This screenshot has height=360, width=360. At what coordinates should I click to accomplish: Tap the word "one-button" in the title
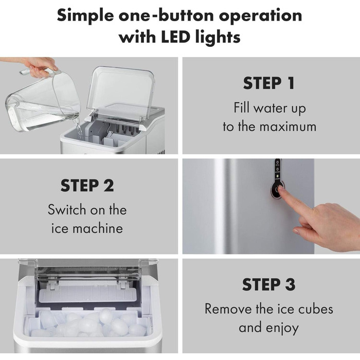(x=166, y=16)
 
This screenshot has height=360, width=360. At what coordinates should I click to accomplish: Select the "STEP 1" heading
(x=269, y=83)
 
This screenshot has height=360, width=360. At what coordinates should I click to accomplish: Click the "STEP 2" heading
(x=87, y=186)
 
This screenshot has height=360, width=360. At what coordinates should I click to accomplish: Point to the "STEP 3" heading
(x=269, y=284)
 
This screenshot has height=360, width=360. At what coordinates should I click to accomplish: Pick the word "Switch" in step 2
(x=67, y=210)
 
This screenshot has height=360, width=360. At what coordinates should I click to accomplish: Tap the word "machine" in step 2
(x=98, y=229)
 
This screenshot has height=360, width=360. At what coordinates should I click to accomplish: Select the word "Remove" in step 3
(x=228, y=309)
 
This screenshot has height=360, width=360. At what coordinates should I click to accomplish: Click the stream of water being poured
(x=78, y=128)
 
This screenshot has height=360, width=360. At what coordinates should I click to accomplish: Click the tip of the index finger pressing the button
(x=281, y=188)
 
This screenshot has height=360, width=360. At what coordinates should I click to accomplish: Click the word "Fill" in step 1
(x=241, y=107)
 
